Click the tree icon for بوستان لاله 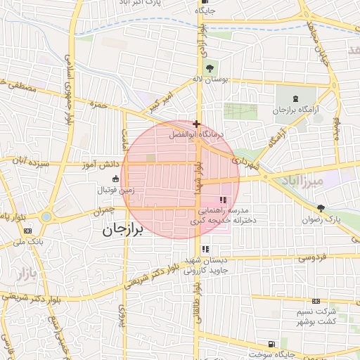[210, 67]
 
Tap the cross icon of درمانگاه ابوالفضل [196, 124]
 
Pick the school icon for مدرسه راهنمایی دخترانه [224, 200]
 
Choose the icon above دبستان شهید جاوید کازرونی [205, 249]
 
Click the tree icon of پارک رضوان [321, 207]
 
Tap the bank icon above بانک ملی [27, 231]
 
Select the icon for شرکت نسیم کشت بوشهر [316, 300]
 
